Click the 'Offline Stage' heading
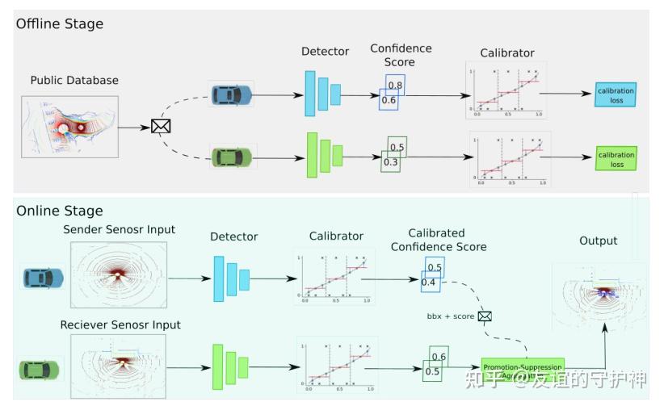(x=60, y=23)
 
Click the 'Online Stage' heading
(x=59, y=211)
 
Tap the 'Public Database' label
(x=74, y=80)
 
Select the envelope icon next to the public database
(x=161, y=126)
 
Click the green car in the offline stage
(x=232, y=156)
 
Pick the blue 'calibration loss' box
(x=616, y=95)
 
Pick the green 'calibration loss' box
(x=616, y=158)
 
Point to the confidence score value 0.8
(x=395, y=85)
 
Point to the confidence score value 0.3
(x=390, y=162)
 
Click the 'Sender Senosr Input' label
(x=119, y=230)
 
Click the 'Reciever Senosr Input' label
(x=120, y=324)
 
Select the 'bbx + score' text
(x=452, y=316)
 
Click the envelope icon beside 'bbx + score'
(x=485, y=316)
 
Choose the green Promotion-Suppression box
(x=523, y=369)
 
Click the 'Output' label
(x=598, y=241)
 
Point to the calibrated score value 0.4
(x=429, y=282)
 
